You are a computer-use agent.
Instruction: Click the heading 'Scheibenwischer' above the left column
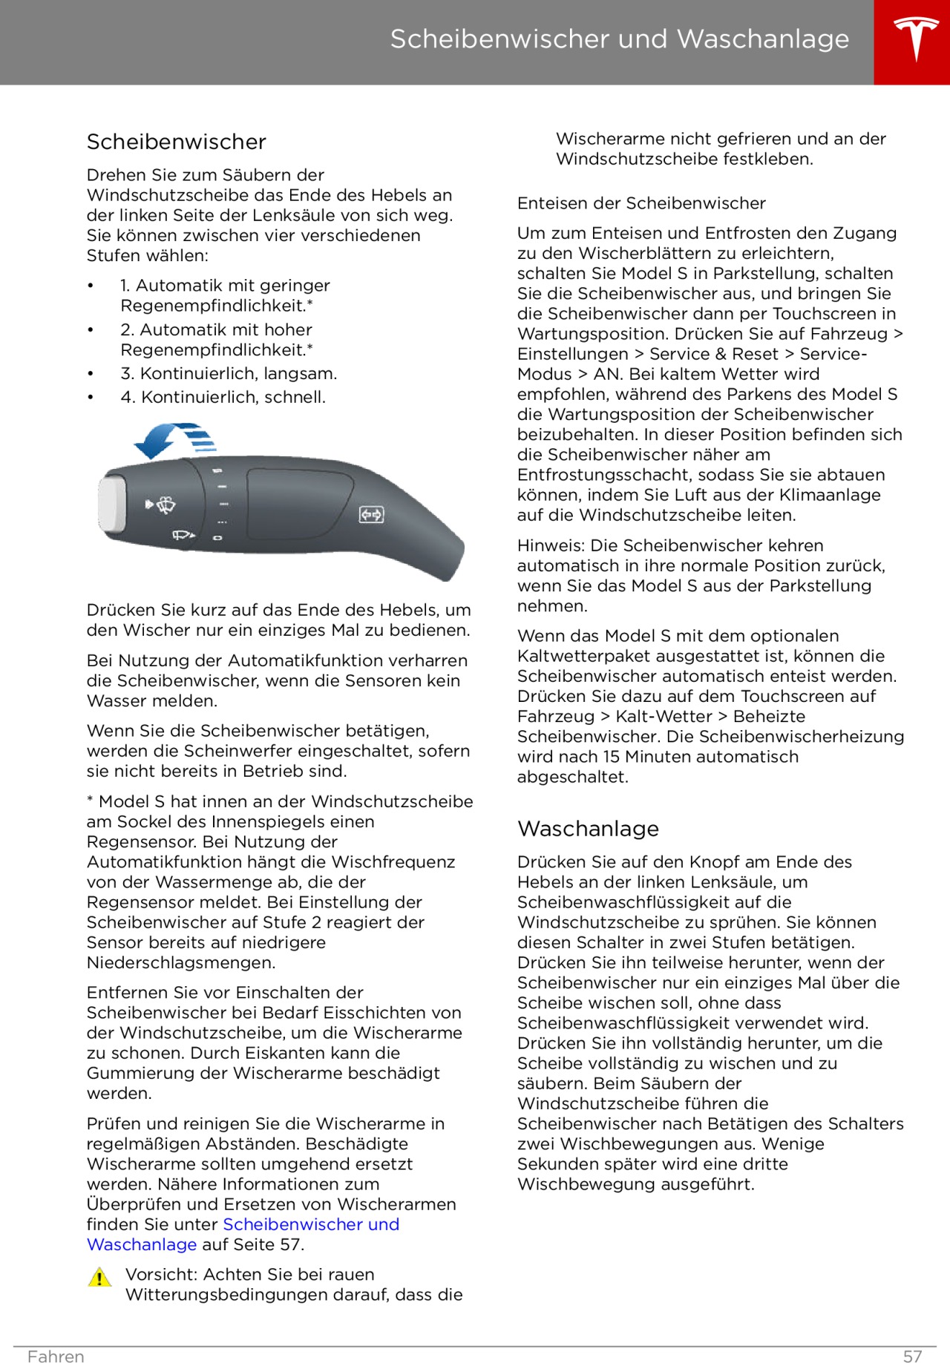click(176, 142)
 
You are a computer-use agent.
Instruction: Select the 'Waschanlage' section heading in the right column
click(588, 828)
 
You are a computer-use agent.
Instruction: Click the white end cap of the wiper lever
click(111, 505)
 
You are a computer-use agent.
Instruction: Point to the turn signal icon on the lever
click(371, 514)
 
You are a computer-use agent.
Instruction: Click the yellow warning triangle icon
click(99, 1277)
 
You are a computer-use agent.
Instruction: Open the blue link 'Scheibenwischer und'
click(311, 1224)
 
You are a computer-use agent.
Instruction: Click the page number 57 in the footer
click(912, 1356)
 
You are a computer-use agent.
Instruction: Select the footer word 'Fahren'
click(56, 1356)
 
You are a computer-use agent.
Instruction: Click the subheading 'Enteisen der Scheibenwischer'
click(641, 203)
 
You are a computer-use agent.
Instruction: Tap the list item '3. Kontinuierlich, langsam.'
click(229, 373)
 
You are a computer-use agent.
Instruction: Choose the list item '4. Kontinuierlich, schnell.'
click(223, 397)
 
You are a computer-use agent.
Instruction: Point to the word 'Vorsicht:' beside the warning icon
click(161, 1274)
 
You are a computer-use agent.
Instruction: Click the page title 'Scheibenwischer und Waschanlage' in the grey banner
click(619, 39)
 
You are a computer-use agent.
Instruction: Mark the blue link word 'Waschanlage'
click(142, 1244)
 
